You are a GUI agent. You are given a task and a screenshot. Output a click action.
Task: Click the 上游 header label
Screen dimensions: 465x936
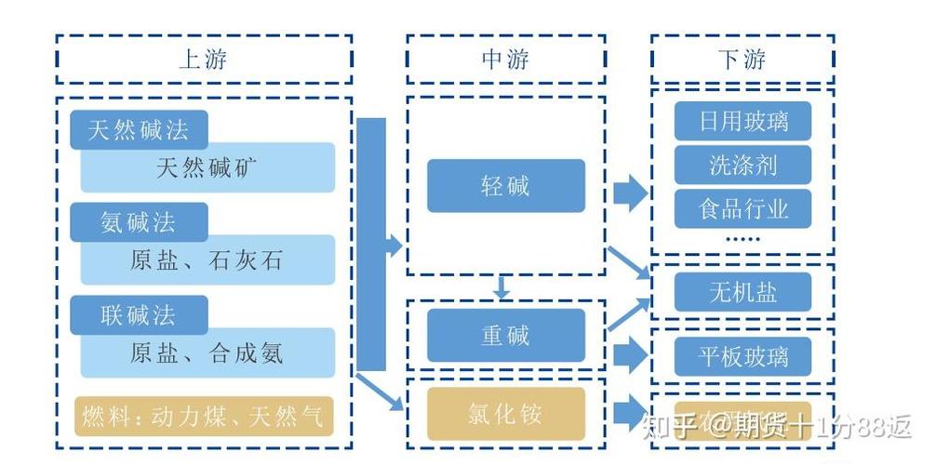(203, 60)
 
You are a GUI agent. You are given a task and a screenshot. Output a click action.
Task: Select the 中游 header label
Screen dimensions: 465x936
(505, 60)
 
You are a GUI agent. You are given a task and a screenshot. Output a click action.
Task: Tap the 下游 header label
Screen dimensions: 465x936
(742, 60)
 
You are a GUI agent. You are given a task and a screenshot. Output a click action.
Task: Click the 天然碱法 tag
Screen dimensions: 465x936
(138, 130)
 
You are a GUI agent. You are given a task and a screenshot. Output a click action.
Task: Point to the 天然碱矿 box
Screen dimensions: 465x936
(207, 168)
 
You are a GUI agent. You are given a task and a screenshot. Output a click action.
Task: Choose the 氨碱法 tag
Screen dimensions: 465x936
(138, 222)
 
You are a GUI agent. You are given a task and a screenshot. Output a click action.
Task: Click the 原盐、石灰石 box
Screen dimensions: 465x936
(207, 260)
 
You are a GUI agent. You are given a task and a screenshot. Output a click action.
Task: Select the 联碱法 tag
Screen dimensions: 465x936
(138, 314)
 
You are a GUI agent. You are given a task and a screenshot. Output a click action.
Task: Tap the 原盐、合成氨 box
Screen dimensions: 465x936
(207, 352)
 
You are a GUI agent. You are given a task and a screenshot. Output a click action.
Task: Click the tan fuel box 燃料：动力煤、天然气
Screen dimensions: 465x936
(203, 416)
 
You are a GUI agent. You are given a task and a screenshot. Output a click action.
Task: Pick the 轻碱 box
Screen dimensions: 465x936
(505, 186)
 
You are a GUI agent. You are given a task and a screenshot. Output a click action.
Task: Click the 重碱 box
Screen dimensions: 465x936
(505, 335)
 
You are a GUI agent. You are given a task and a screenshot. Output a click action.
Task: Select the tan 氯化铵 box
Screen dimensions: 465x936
(505, 414)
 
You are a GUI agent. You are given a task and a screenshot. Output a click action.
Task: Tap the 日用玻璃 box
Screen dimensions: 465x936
(742, 121)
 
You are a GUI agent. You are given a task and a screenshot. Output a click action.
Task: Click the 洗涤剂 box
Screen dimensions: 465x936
(742, 166)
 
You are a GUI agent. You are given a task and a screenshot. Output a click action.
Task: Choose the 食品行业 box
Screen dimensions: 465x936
(742, 209)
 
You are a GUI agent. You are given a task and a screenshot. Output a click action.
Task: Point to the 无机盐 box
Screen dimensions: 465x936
(742, 293)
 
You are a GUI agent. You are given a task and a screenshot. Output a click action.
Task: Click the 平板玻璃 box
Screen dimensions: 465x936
(742, 356)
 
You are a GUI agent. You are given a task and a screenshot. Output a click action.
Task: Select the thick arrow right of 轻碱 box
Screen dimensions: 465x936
(630, 193)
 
